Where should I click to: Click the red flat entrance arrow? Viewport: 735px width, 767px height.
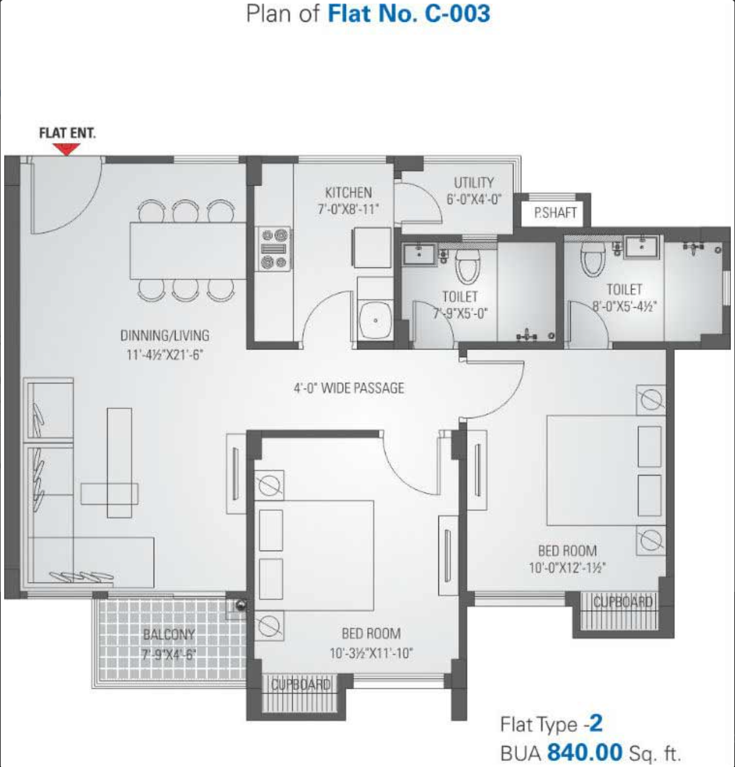(x=67, y=149)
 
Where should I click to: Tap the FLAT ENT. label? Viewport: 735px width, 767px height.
(x=67, y=133)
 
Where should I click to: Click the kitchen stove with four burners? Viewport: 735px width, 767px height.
(x=274, y=249)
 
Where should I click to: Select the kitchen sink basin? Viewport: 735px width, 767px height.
(x=375, y=320)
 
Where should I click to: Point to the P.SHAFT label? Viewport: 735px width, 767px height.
(x=555, y=213)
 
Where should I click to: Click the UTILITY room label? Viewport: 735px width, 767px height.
(x=473, y=182)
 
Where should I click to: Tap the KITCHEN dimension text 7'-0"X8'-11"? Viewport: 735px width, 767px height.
(x=348, y=209)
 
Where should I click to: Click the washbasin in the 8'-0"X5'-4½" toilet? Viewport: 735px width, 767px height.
(x=642, y=247)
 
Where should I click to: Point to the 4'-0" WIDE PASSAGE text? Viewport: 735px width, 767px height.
(x=349, y=388)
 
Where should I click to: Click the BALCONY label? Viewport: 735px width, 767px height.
(x=168, y=634)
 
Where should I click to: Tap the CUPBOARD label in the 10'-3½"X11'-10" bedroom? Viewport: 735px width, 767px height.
(x=300, y=685)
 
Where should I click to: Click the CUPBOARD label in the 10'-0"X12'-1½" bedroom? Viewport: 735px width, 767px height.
(x=623, y=602)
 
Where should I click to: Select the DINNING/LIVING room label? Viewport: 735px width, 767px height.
(x=165, y=336)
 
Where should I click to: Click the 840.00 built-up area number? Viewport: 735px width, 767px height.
(x=585, y=752)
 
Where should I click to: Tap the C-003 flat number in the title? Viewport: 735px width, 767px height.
(x=457, y=13)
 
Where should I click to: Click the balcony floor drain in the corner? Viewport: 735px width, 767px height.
(x=240, y=605)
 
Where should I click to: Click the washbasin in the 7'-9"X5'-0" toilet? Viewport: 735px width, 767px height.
(x=419, y=254)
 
